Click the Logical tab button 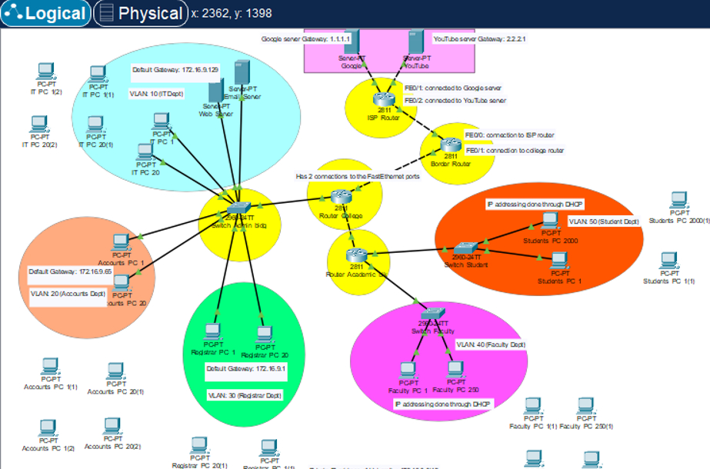click(x=45, y=13)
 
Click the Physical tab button click(x=141, y=13)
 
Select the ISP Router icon click(x=383, y=99)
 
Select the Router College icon click(x=341, y=196)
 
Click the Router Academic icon click(x=355, y=254)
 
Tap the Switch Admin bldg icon click(x=238, y=208)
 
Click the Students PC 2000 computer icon click(x=549, y=221)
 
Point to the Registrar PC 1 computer click(x=212, y=333)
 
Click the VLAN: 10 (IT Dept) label click(x=156, y=94)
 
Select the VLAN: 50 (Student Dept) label click(x=604, y=221)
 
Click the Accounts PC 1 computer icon click(x=121, y=242)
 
